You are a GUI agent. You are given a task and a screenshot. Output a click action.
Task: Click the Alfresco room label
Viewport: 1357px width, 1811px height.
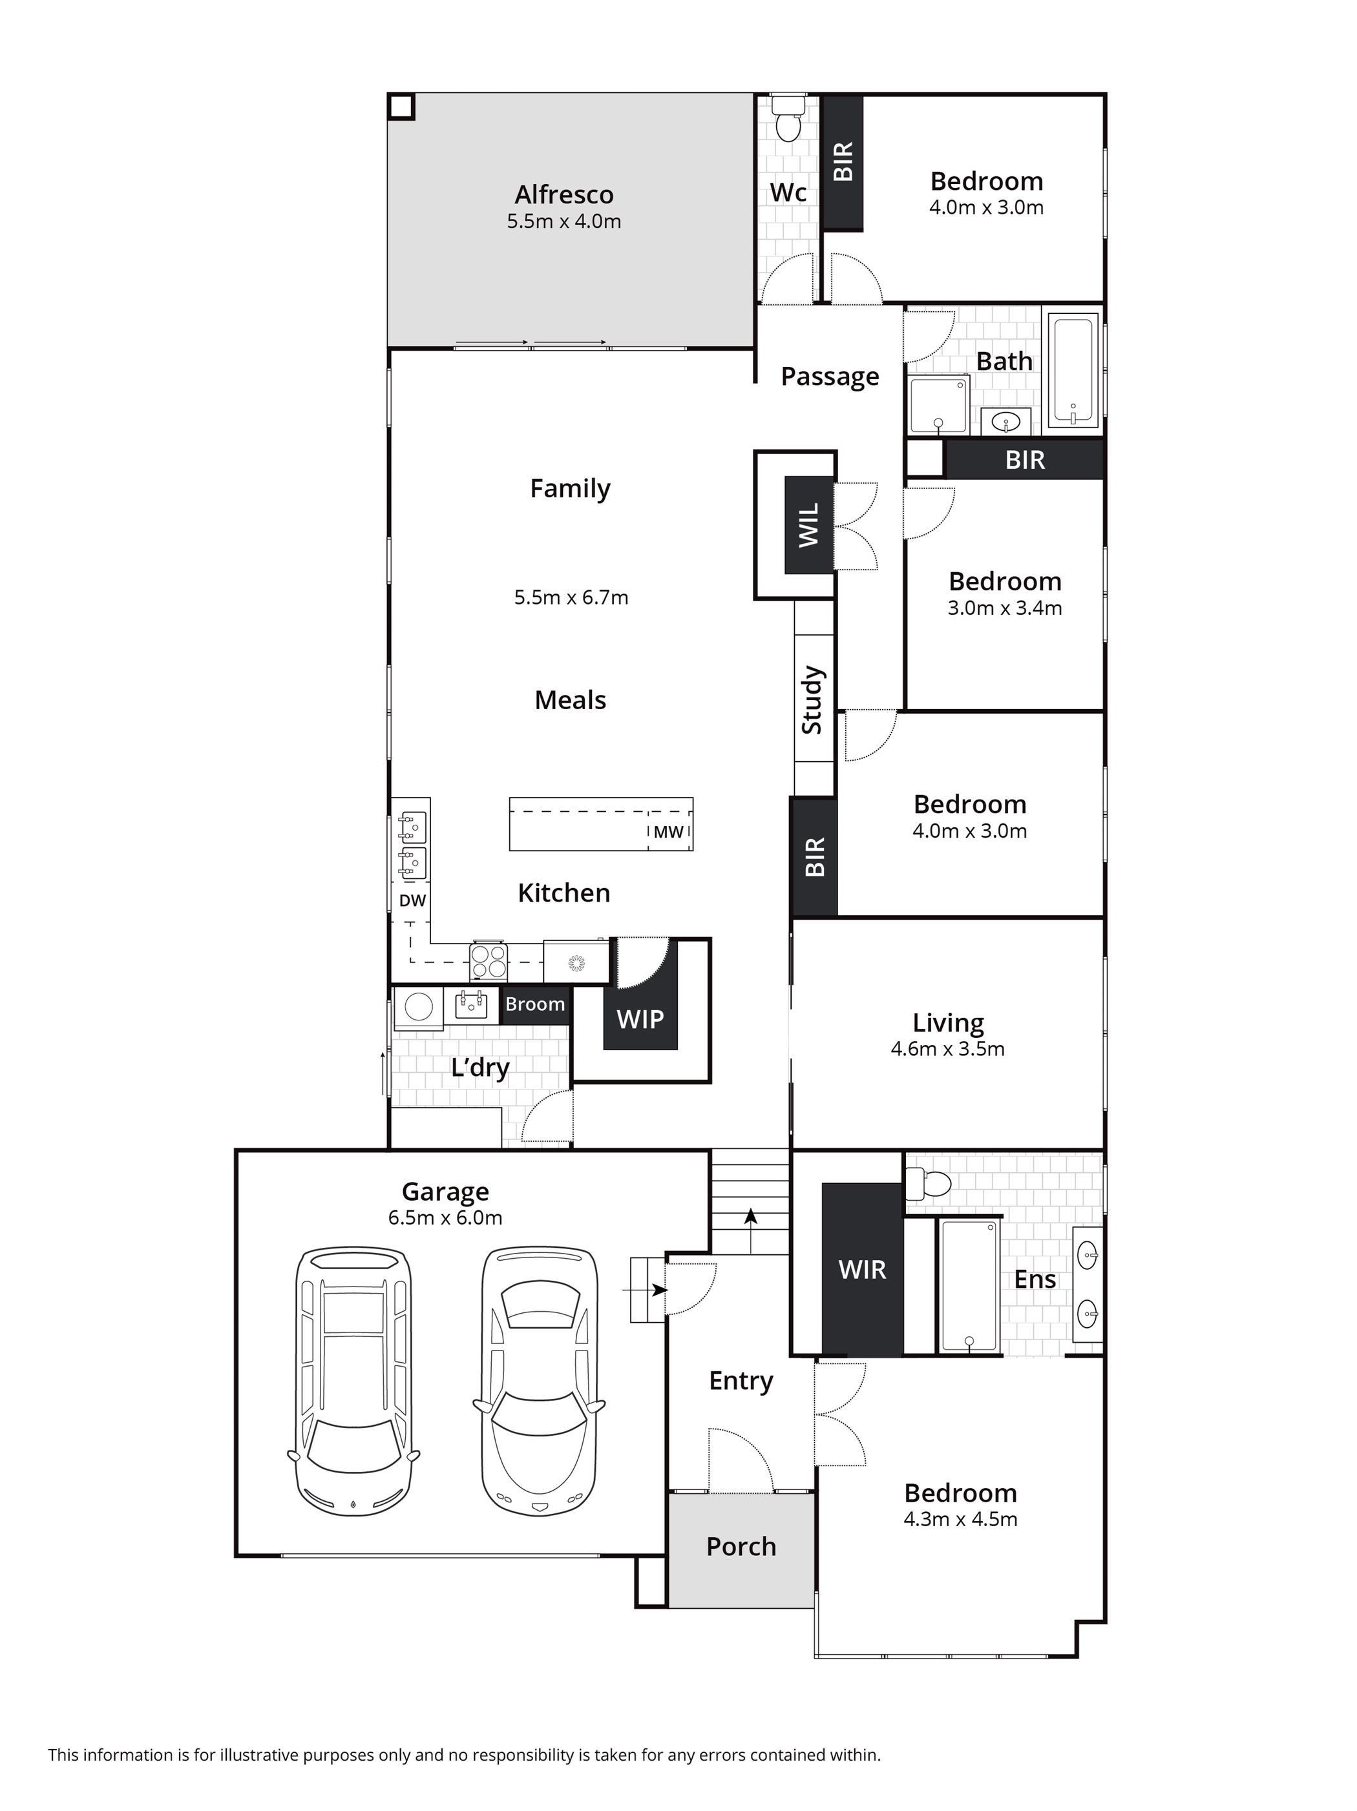click(x=563, y=195)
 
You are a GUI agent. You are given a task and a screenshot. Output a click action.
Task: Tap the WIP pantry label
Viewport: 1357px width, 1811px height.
click(x=640, y=1019)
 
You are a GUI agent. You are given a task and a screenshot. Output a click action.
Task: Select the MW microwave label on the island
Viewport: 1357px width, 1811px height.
click(x=668, y=832)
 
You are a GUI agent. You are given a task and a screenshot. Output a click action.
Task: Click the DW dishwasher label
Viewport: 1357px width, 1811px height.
click(x=413, y=900)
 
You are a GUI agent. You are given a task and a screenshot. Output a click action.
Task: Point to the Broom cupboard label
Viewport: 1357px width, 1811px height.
click(x=535, y=1004)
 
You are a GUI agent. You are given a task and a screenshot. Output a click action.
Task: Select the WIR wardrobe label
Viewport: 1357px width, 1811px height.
click(x=863, y=1270)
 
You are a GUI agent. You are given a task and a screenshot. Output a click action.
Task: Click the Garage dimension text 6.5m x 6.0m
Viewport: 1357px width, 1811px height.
click(x=445, y=1217)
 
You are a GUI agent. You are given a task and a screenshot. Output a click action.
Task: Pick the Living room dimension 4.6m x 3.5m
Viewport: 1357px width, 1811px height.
click(x=947, y=1049)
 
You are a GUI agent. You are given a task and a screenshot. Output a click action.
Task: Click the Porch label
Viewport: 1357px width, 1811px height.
click(x=741, y=1547)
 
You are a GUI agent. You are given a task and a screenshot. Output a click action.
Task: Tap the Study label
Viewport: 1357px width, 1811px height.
click(x=812, y=700)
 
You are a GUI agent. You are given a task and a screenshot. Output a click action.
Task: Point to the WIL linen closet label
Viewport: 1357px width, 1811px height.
click(x=808, y=526)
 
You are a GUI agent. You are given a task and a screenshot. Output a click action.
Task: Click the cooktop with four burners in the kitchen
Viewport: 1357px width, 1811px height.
click(x=489, y=960)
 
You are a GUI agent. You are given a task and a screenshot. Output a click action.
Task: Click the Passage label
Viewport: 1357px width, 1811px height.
click(x=830, y=377)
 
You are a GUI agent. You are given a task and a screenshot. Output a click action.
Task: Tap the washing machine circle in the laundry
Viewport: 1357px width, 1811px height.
click(x=419, y=1006)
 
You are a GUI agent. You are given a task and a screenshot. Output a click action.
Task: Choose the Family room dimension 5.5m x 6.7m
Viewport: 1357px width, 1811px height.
click(x=571, y=597)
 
